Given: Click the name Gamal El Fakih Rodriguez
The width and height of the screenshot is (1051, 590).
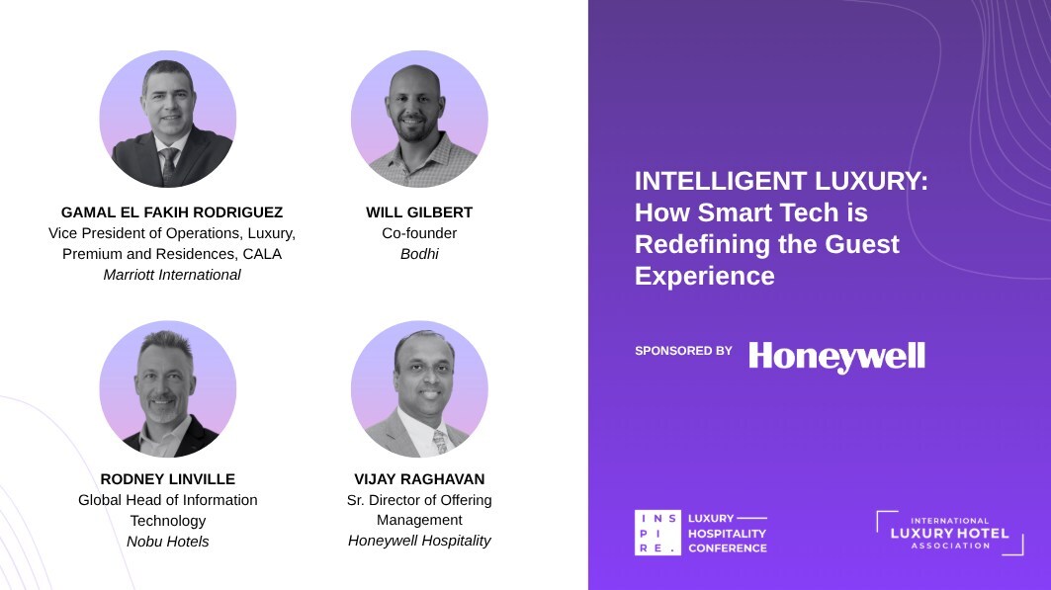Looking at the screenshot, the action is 172,212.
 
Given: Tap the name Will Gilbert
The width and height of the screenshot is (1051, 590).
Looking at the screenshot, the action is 419,212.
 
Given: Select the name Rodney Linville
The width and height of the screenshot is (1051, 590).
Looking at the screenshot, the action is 167,479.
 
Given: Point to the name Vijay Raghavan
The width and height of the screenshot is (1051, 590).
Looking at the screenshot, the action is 419,479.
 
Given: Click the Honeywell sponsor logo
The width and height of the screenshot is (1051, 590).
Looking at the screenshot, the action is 836,357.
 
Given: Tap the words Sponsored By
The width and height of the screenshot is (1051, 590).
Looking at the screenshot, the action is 683,350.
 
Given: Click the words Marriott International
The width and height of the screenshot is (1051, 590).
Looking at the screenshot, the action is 172,275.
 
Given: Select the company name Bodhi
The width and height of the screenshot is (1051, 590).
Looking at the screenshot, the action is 419,254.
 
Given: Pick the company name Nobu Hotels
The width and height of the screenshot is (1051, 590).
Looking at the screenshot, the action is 167,542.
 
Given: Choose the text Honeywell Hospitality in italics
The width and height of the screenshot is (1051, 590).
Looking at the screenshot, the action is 419,541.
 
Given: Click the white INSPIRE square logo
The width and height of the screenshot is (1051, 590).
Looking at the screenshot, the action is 657,533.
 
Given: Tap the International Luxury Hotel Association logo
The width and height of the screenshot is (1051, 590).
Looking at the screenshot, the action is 950,533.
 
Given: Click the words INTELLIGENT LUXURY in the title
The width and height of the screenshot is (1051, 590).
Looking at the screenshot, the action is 781,181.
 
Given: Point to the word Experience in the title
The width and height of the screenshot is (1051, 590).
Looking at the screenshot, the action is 705,276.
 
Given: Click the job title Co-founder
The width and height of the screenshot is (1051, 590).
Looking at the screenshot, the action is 419,233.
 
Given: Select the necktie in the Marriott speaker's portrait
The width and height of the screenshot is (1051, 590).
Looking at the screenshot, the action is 167,165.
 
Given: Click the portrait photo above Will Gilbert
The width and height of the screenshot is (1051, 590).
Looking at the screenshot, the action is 419,120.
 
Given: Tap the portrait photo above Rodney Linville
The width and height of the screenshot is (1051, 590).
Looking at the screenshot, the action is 167,389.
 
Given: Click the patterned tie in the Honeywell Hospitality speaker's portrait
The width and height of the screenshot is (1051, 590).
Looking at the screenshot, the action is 440,442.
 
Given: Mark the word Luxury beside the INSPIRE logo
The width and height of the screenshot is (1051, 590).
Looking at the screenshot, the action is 711,518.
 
